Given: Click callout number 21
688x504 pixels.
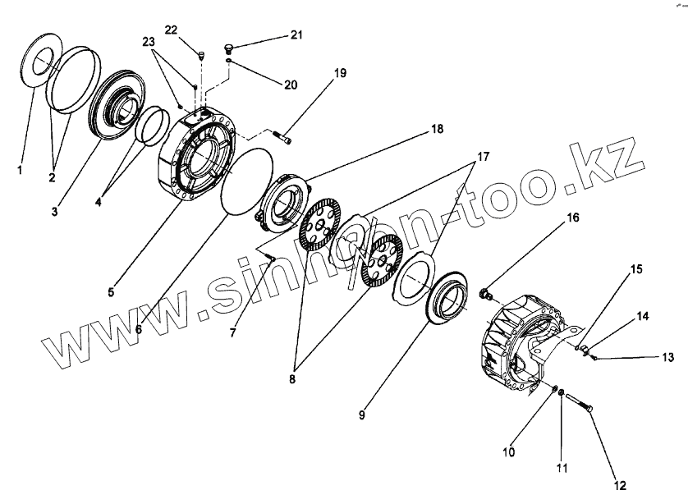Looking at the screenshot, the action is tap(295, 35).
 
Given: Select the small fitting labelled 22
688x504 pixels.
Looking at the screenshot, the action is tap(200, 56).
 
